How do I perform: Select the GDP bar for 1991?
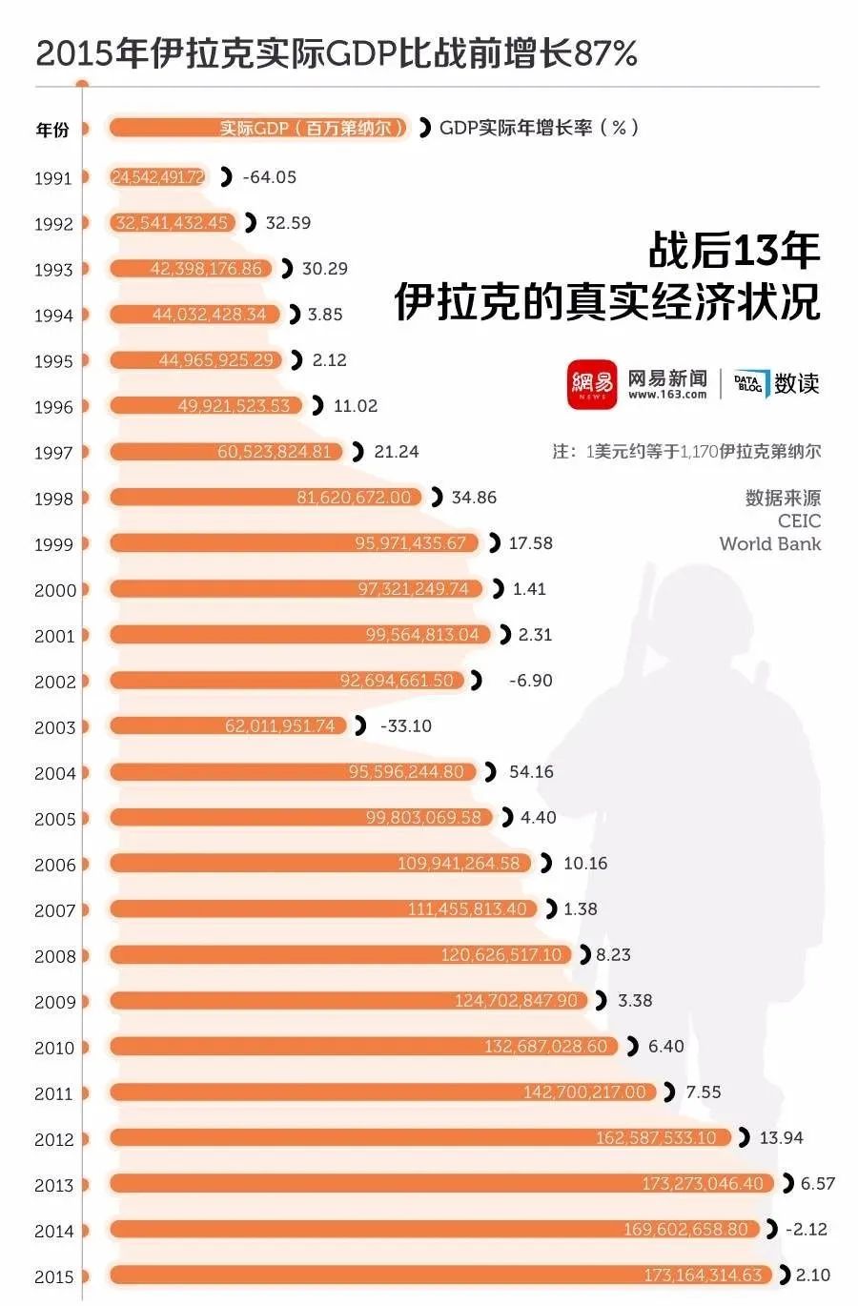click(158, 177)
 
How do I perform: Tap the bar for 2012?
click(419, 1138)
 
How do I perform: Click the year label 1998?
click(53, 499)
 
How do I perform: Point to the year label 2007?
click(54, 910)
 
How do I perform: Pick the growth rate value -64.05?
click(269, 177)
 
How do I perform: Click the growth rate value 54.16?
click(531, 772)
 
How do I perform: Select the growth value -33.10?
click(405, 726)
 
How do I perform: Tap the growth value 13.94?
click(781, 1138)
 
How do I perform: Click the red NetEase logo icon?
click(592, 384)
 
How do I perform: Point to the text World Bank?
click(769, 544)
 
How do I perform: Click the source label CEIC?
click(799, 521)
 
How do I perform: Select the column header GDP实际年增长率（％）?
click(539, 128)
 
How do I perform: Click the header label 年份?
click(52, 130)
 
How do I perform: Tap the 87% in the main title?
click(605, 53)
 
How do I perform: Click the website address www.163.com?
click(667, 396)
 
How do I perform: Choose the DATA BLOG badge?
click(748, 384)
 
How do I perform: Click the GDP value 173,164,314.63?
click(703, 1275)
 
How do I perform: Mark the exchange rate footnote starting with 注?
click(686, 452)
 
